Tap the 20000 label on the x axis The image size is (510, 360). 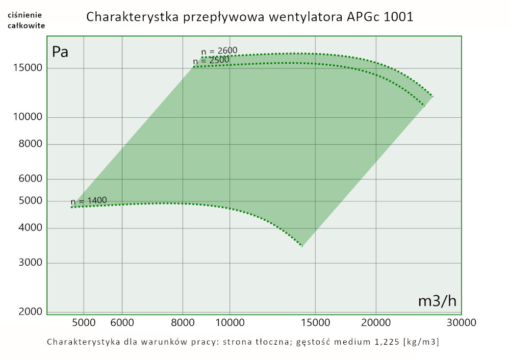[376, 322]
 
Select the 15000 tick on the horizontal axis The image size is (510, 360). [315, 322]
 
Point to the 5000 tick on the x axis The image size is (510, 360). [84, 322]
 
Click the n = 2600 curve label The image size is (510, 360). [219, 50]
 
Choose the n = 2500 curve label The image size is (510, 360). [211, 61]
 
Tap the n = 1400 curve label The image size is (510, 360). [89, 201]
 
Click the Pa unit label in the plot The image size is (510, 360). [60, 52]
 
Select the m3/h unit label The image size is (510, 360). [437, 301]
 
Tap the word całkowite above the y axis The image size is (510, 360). [26, 25]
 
